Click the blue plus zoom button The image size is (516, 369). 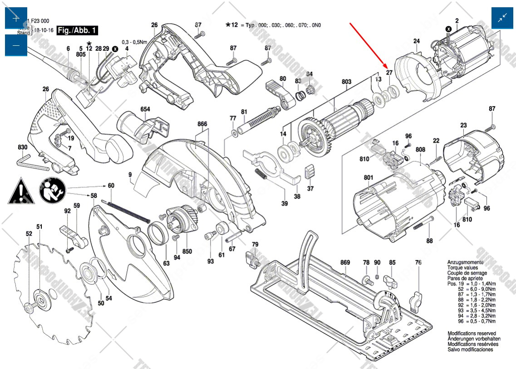[16, 19]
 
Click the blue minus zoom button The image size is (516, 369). [16, 45]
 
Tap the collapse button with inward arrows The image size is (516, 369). [503, 19]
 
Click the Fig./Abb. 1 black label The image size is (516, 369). [78, 31]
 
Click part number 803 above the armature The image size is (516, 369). [346, 82]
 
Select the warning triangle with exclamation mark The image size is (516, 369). [21, 191]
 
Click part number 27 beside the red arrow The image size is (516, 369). [389, 73]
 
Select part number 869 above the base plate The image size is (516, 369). [345, 263]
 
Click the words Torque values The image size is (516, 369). [463, 267]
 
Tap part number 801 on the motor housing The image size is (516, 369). [368, 177]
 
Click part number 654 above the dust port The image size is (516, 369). [145, 109]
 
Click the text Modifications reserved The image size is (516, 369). [472, 333]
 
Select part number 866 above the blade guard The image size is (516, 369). [202, 124]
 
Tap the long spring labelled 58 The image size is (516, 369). [129, 211]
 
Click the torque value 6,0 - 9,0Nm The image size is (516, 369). [481, 289]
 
